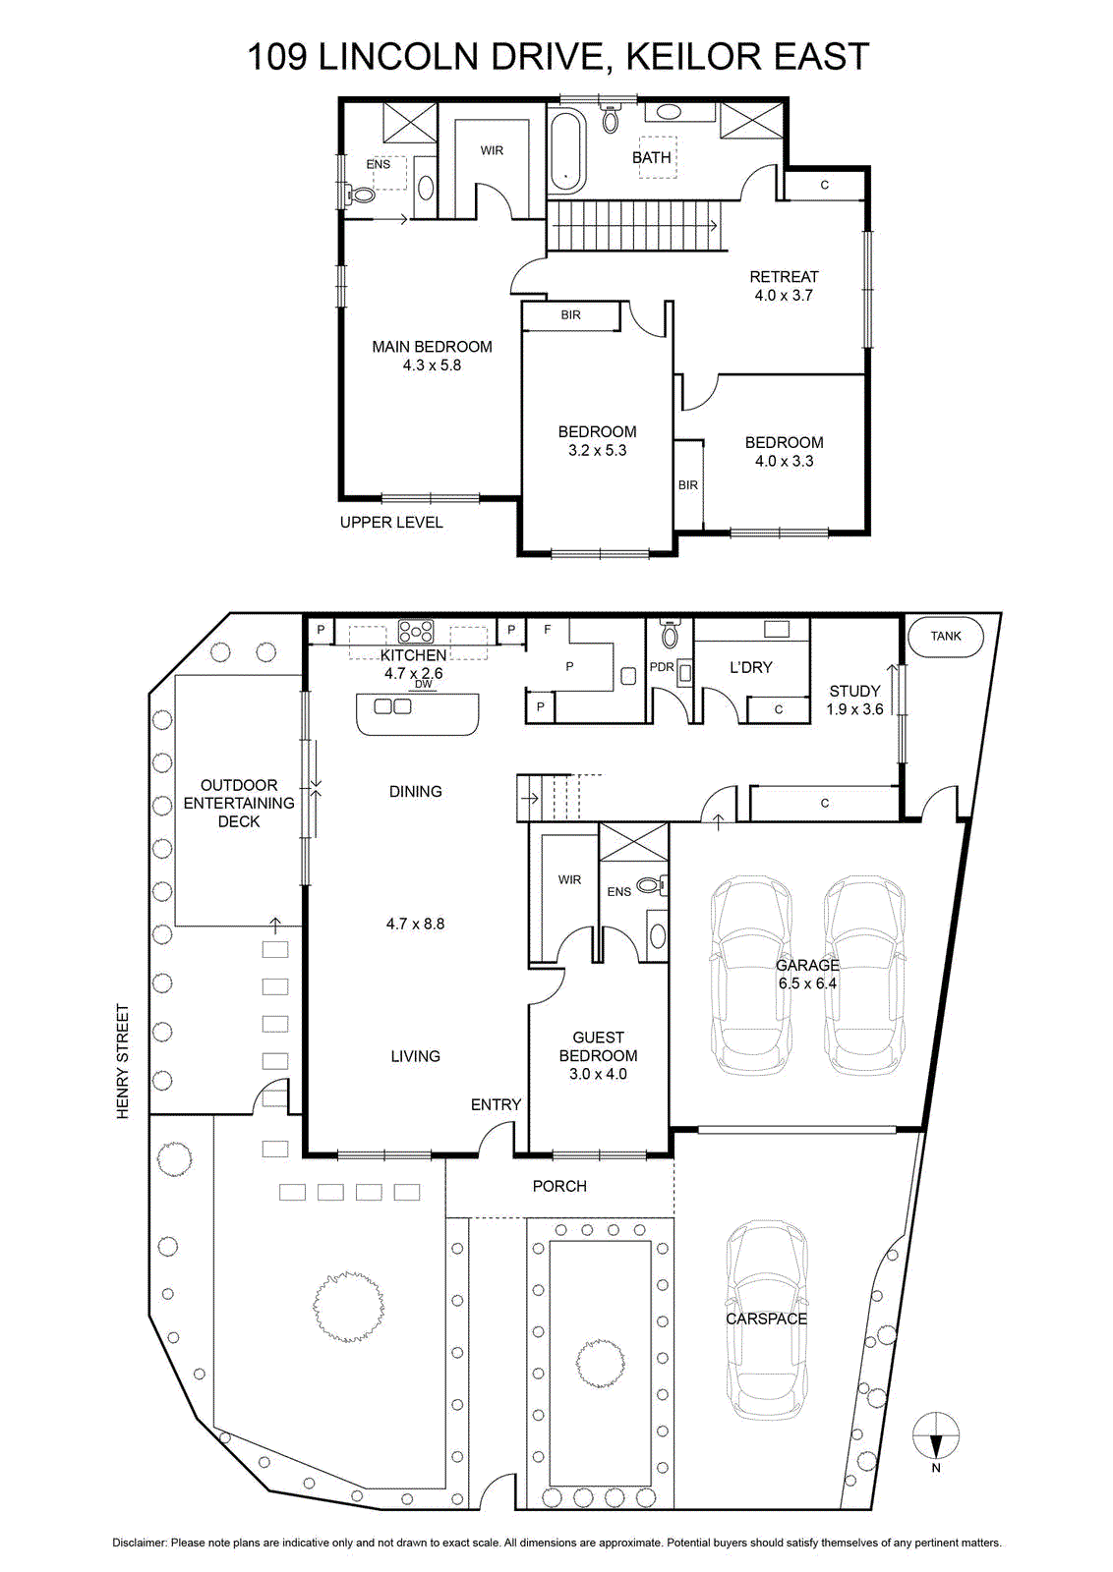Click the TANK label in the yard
click(946, 636)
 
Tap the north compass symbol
click(936, 1438)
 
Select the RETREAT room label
click(784, 276)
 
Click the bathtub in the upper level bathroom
click(566, 151)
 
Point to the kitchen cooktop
click(416, 631)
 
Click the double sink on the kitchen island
click(392, 706)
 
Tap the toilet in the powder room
click(669, 633)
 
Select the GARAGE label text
click(807, 965)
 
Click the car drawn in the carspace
click(766, 1319)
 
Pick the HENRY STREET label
click(123, 1062)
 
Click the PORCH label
click(559, 1186)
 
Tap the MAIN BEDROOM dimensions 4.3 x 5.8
click(432, 365)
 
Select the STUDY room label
click(854, 691)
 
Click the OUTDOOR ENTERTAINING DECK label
click(239, 803)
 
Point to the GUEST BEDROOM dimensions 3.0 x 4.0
click(598, 1074)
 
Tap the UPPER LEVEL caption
click(391, 522)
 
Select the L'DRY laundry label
click(750, 667)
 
